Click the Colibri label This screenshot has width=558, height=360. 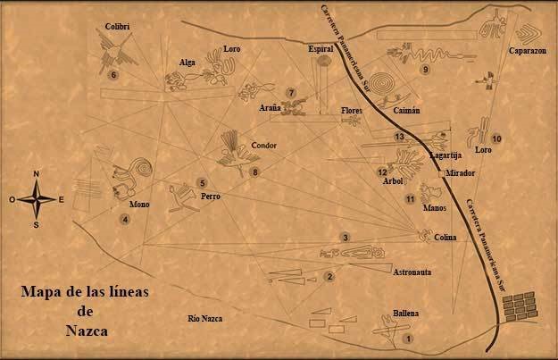click(x=117, y=27)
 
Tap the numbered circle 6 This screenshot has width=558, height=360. click(x=113, y=75)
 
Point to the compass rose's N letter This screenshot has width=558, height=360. click(x=36, y=174)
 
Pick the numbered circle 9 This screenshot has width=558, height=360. click(x=426, y=69)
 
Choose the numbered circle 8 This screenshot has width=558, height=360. click(x=255, y=172)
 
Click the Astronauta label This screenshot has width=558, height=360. click(x=412, y=270)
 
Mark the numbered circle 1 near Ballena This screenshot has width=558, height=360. click(x=408, y=339)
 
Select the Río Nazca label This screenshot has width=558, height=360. click(x=204, y=319)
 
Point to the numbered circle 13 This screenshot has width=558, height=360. click(x=399, y=136)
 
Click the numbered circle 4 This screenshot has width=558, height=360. click(x=126, y=219)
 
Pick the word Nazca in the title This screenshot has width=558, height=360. click(x=88, y=330)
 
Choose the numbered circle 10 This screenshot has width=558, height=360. click(x=496, y=138)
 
